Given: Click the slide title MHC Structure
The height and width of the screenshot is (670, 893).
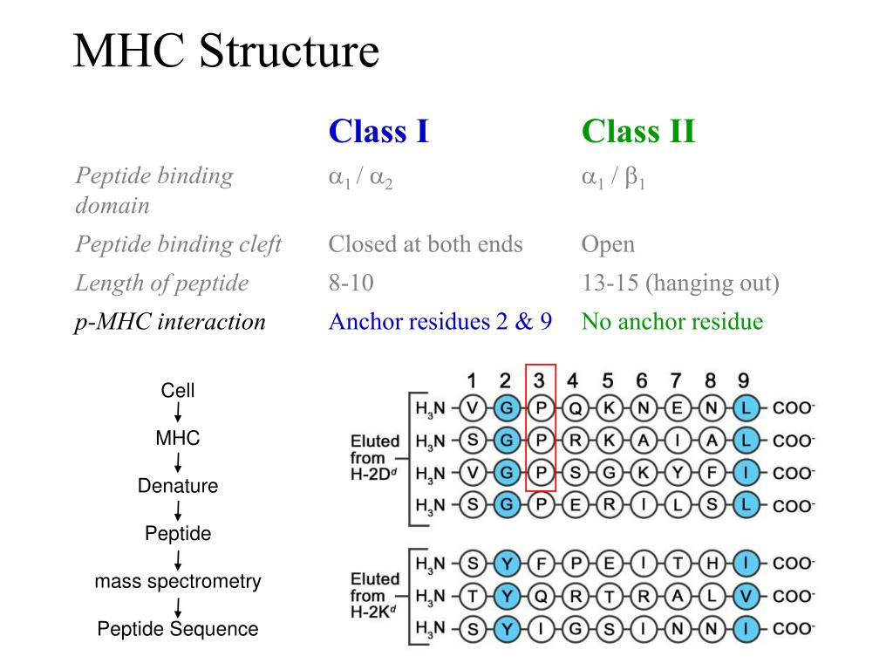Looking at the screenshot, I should (226, 51).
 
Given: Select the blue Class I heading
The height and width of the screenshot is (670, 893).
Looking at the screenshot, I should (378, 132).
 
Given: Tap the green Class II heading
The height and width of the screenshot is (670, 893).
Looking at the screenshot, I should (638, 132).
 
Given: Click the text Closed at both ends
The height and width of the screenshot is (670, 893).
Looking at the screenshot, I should (426, 244).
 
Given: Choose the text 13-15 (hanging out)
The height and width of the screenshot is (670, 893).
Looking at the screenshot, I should (680, 283).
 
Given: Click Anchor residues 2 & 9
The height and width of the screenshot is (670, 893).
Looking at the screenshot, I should (440, 322).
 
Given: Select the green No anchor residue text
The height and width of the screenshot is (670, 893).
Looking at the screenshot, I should (672, 322).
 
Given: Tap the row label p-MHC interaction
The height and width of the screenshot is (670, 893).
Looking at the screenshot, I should (170, 322).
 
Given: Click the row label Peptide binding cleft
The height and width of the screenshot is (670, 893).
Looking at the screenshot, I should (178, 244).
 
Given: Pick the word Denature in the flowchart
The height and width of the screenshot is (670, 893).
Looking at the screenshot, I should (178, 486).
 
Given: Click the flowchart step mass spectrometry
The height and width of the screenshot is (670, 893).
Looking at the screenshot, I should (178, 581).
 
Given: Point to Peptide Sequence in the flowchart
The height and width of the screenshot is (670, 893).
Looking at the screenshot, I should (178, 629).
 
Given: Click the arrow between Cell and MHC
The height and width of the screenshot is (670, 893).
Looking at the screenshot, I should (178, 414).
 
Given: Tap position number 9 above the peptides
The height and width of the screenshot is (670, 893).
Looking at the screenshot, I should (743, 380).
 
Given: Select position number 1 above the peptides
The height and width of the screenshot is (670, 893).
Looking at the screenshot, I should (471, 380).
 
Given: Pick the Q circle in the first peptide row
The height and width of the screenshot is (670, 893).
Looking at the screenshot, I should (575, 407).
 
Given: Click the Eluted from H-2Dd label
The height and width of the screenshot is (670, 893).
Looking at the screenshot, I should (375, 458).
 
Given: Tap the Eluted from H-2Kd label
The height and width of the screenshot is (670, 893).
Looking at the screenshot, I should (375, 596).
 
